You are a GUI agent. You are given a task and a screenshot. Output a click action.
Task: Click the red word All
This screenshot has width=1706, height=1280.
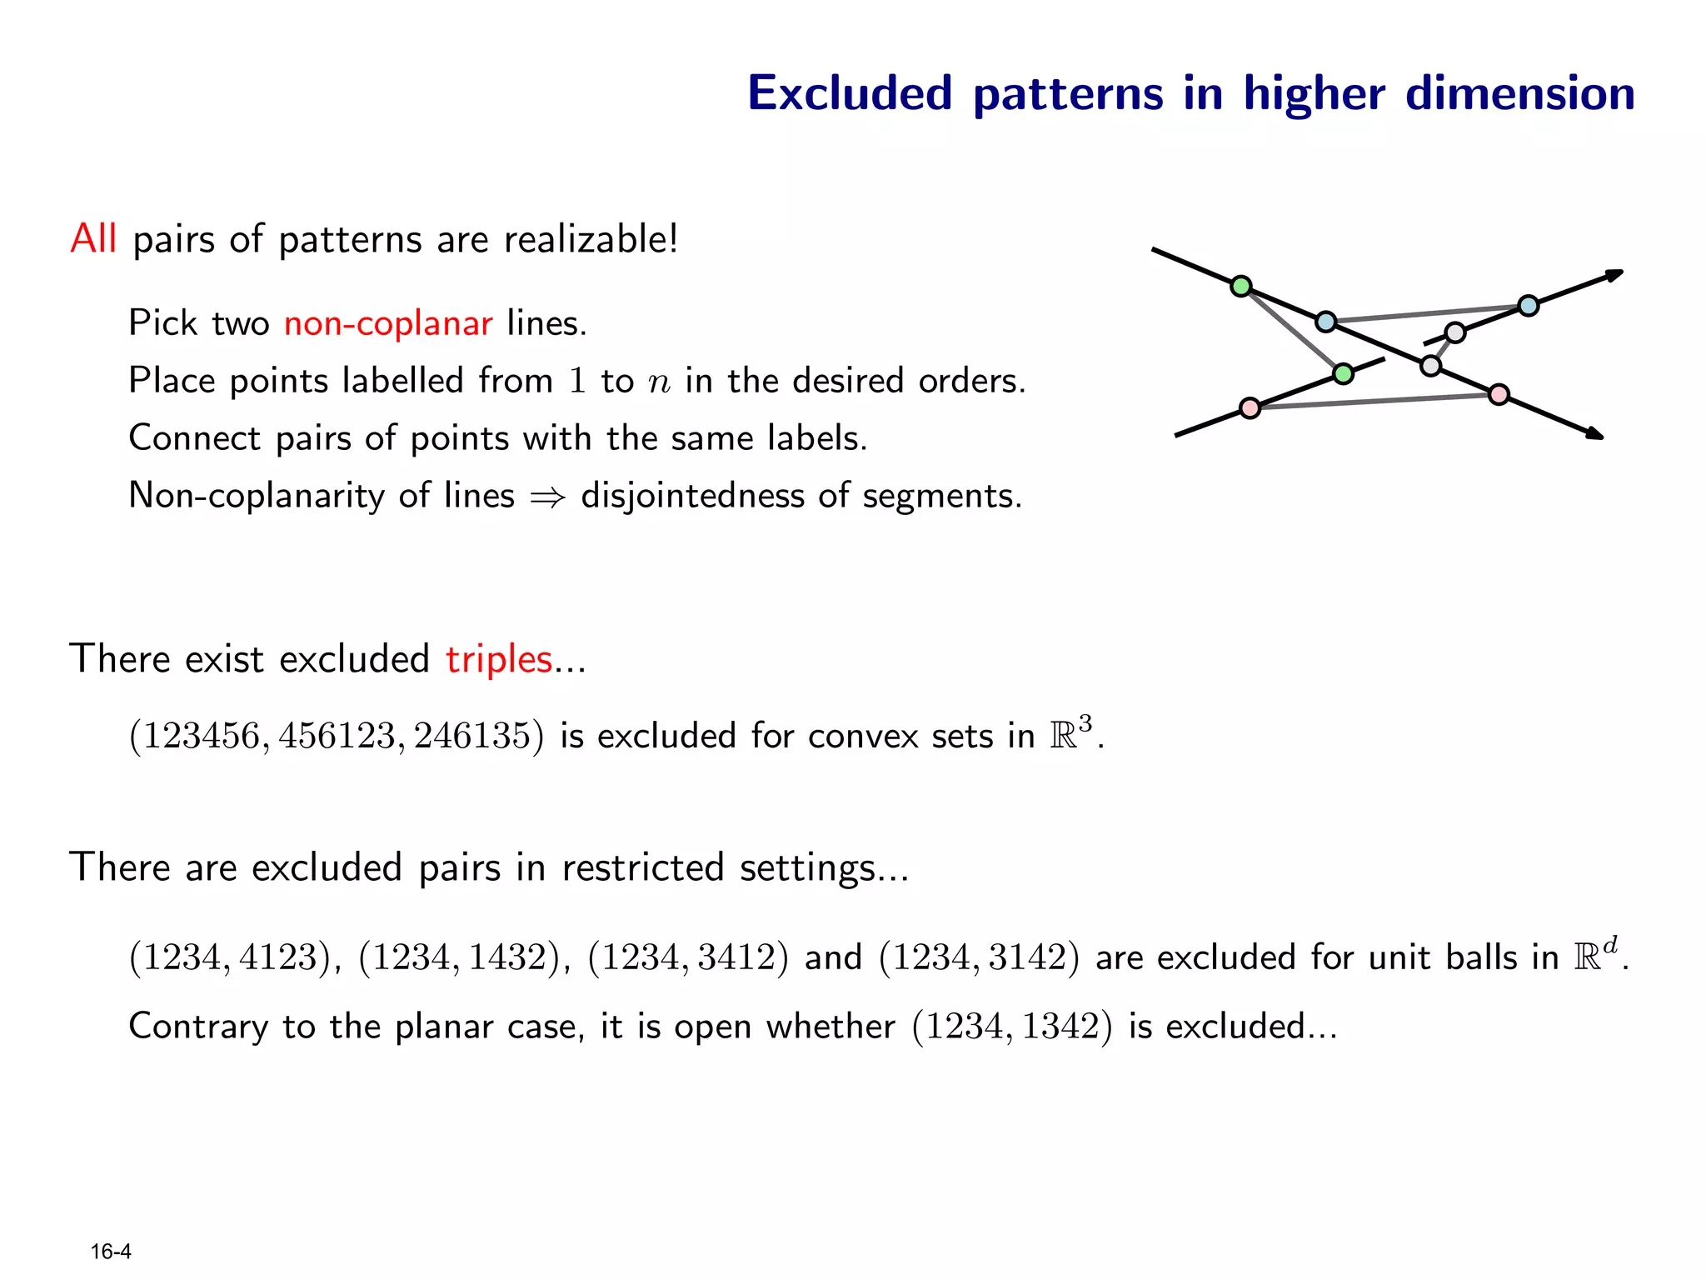coord(93,239)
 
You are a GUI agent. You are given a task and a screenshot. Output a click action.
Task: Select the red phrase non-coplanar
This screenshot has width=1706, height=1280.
coord(388,323)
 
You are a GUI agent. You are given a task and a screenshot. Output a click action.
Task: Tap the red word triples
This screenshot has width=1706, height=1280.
coord(499,659)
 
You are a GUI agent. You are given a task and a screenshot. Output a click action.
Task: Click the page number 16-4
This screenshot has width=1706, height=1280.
coord(111,1252)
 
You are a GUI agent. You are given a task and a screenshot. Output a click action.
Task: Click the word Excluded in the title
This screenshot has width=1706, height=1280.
coord(850,93)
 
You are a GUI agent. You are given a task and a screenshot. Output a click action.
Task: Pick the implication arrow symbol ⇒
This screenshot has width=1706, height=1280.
coord(547,497)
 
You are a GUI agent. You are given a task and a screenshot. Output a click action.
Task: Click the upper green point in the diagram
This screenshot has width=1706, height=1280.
coord(1241,287)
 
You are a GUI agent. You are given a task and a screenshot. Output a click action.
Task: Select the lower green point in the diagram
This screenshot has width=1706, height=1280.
coord(1343,373)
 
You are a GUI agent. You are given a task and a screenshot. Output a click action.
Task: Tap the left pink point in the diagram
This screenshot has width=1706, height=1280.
coord(1250,407)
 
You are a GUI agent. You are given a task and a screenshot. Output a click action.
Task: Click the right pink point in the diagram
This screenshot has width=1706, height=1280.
coord(1499,394)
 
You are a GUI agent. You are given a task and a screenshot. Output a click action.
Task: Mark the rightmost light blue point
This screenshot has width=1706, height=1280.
coord(1528,306)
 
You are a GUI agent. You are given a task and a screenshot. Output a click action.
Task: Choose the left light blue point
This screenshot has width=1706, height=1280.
coord(1325,321)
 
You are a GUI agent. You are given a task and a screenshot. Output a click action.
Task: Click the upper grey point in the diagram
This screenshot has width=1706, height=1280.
coord(1454,332)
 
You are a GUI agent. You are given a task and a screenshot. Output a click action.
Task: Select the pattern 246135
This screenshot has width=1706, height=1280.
coord(472,736)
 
